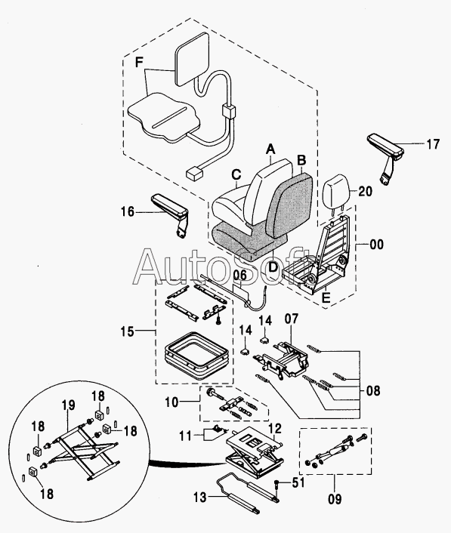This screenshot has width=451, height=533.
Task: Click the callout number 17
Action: point(433,144)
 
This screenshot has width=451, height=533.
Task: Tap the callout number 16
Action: point(128,212)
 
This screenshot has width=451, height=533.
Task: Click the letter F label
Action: point(139,63)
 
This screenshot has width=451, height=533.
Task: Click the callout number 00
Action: point(376,245)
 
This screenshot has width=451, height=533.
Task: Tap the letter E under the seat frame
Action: point(326,297)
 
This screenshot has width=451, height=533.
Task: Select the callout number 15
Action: point(127,331)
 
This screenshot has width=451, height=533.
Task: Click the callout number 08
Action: point(372,390)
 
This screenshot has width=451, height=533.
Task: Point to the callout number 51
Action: point(298,482)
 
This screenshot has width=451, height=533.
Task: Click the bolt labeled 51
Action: point(278,485)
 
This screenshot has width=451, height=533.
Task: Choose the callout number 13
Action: point(200,498)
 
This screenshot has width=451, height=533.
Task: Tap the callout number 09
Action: point(335,500)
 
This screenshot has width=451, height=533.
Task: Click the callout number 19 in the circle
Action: point(68,405)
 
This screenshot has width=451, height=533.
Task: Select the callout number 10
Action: point(171,402)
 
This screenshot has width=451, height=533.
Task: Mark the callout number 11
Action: point(185,436)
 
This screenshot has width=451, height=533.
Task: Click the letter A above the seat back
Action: point(270,149)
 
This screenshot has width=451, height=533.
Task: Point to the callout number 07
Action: point(291,319)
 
